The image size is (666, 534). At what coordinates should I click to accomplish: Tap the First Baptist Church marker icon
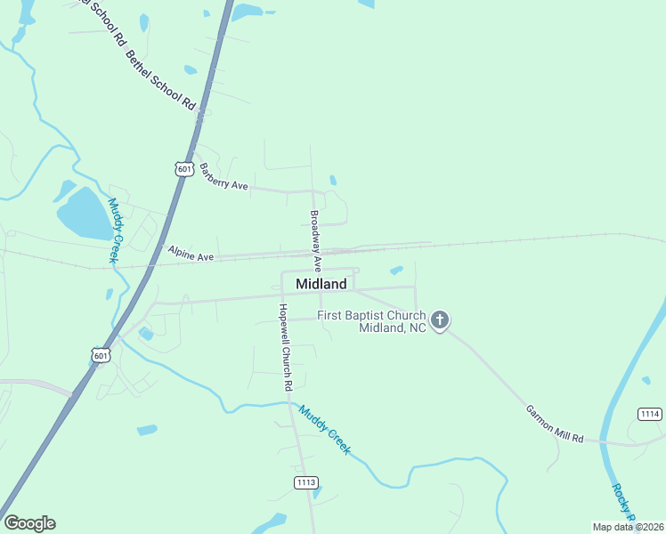point(439,320)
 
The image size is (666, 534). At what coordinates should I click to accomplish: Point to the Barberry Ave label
point(223,176)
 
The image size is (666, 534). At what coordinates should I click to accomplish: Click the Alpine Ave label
point(191,255)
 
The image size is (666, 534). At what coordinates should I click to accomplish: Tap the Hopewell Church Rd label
point(285,348)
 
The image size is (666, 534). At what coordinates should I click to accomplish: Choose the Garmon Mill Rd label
point(554,425)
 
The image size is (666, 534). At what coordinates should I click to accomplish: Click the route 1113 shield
point(305,481)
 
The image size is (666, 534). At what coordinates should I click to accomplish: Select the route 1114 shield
point(650,414)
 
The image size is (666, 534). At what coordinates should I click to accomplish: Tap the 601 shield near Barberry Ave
point(184,168)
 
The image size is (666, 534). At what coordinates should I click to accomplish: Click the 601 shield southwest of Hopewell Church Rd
point(102,355)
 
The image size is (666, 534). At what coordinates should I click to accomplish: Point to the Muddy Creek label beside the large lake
point(114,229)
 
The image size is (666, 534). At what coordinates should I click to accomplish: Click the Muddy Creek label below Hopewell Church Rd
point(324,430)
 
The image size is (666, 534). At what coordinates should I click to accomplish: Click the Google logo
point(29,523)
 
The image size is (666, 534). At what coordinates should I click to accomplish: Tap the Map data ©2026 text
point(628,526)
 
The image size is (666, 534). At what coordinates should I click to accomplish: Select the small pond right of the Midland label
point(396,270)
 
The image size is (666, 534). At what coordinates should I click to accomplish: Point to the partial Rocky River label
point(622,504)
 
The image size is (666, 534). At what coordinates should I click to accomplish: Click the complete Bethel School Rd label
point(161,79)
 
